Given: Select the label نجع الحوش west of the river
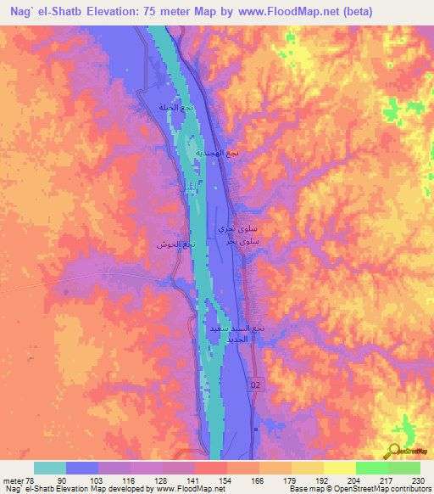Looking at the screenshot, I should [x=175, y=244].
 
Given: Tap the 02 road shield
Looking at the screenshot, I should [x=257, y=385].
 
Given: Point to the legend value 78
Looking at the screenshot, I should [x=30, y=480].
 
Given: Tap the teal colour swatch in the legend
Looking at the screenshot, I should [x=50, y=468].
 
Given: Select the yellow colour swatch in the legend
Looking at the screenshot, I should [x=339, y=468].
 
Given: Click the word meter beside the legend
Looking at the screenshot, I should [x=13, y=480].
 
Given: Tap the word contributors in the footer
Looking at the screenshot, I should [x=409, y=490].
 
